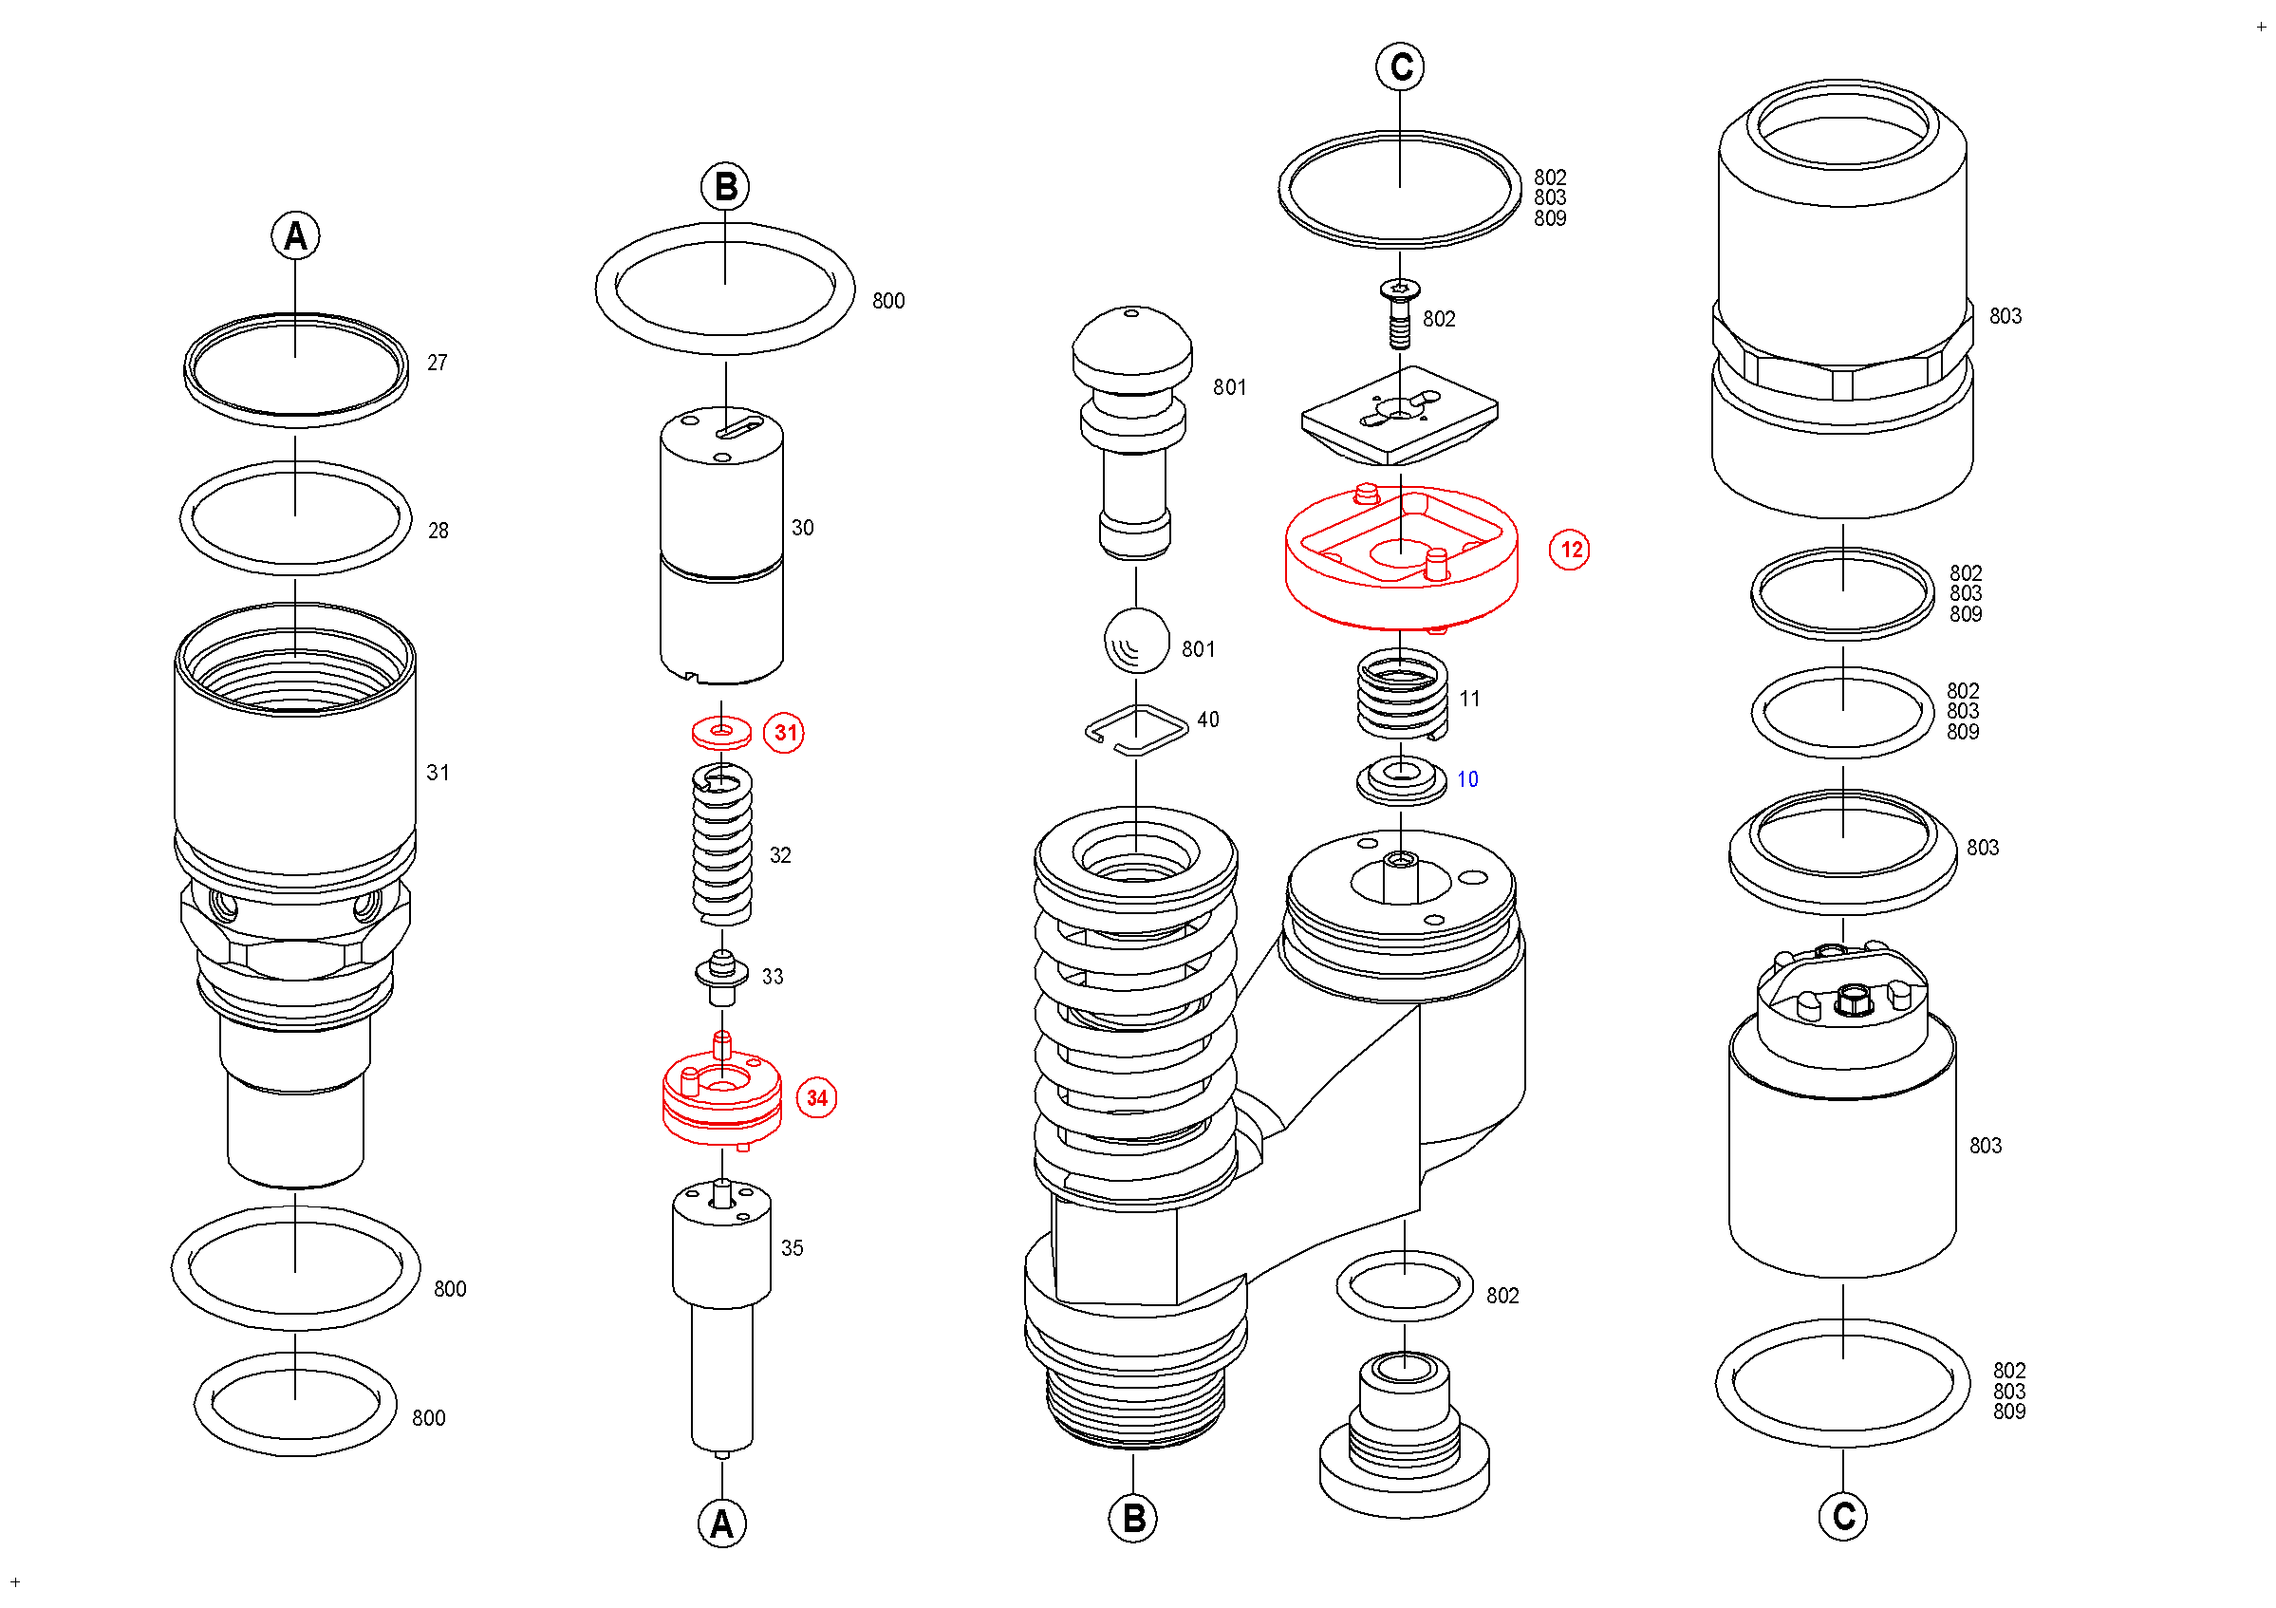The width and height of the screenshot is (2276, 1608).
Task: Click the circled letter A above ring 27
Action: click(x=295, y=236)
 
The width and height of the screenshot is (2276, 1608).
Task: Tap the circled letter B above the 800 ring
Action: click(x=726, y=186)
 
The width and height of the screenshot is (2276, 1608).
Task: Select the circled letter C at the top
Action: click(x=1401, y=66)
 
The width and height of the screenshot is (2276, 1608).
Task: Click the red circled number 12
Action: click(x=1570, y=551)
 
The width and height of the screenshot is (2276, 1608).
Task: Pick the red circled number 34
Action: click(x=817, y=1098)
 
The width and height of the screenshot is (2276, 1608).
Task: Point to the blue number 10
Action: click(x=1468, y=780)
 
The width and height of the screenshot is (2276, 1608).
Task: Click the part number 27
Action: click(x=438, y=363)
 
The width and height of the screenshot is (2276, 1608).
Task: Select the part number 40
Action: click(x=1208, y=720)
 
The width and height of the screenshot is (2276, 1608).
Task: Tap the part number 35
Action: click(x=792, y=1249)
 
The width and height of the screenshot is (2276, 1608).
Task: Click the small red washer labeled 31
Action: click(x=721, y=733)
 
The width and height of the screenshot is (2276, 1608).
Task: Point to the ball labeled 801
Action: click(x=1137, y=642)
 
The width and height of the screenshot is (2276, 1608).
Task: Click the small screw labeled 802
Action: click(x=1400, y=313)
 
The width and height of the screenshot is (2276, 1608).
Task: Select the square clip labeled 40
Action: click(x=1137, y=731)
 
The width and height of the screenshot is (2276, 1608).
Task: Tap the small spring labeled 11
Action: click(x=1402, y=695)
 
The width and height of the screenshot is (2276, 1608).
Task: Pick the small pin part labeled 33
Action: click(x=721, y=979)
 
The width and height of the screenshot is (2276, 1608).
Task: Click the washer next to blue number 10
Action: click(x=1401, y=780)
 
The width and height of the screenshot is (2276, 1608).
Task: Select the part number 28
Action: click(x=438, y=532)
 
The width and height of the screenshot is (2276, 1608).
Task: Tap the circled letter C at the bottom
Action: click(x=1843, y=1517)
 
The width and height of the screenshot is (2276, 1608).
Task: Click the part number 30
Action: click(x=803, y=529)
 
